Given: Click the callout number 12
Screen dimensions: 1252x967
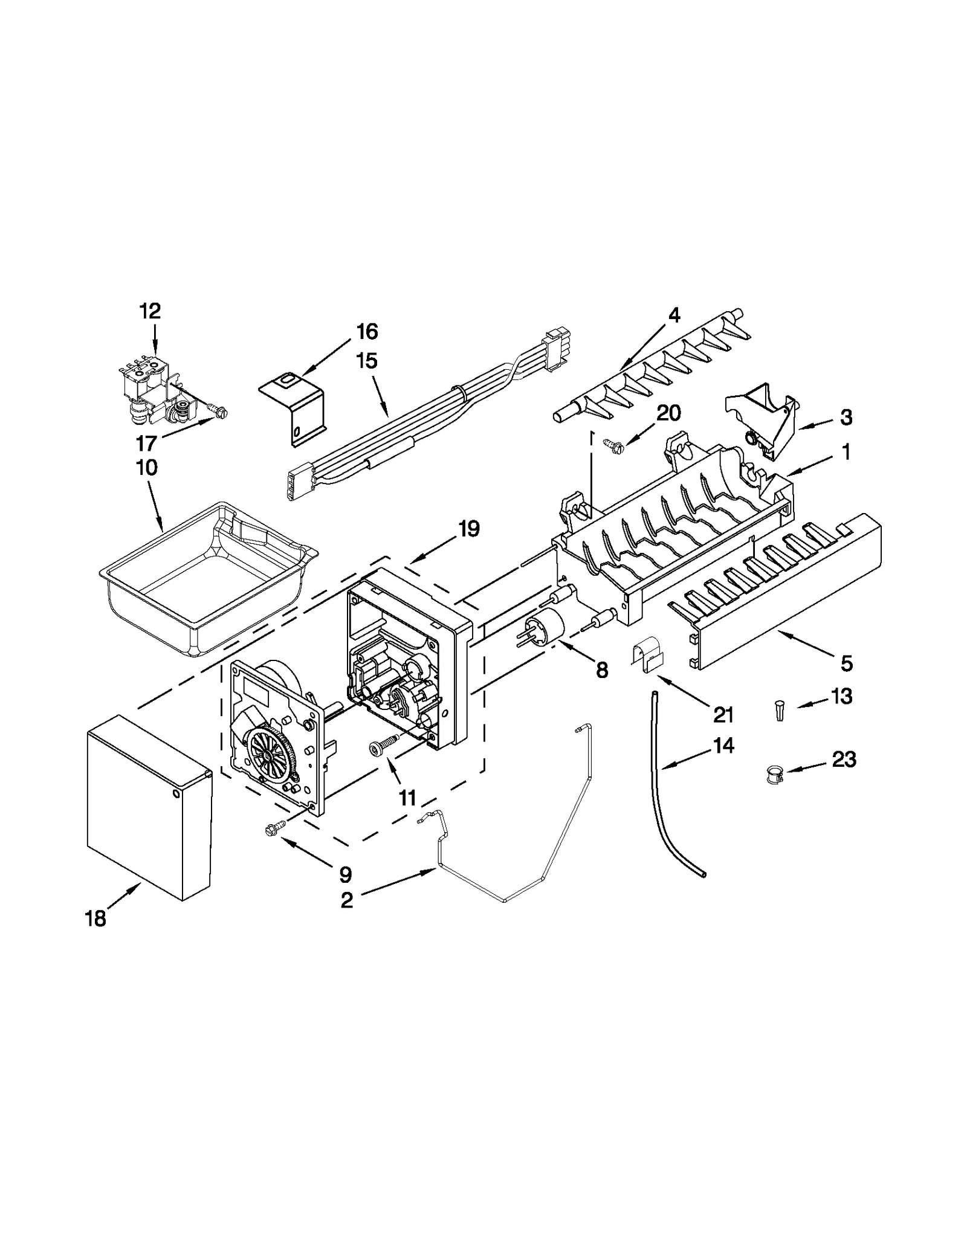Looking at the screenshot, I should [x=150, y=311].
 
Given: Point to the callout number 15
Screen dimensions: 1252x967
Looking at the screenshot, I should [x=366, y=361].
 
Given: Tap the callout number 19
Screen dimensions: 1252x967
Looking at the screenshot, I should [x=468, y=529].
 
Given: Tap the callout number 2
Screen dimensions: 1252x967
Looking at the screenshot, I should [x=346, y=900].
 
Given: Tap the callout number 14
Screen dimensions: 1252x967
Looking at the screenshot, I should [x=723, y=746].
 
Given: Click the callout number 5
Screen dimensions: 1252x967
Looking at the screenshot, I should [x=846, y=663].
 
